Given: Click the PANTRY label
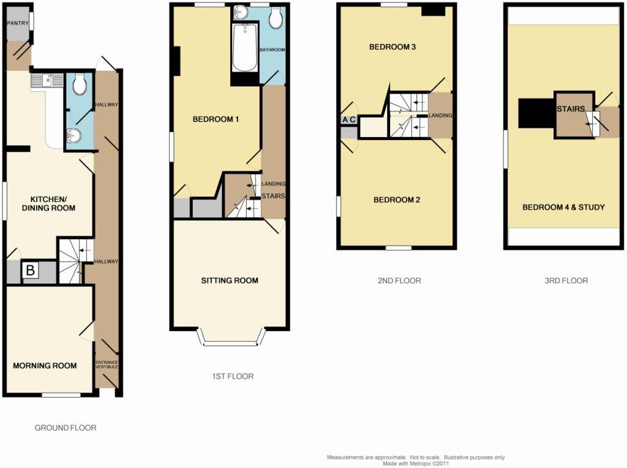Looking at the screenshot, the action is [x=18, y=23].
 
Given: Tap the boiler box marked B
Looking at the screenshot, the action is [x=30, y=270].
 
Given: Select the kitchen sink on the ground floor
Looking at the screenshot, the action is [x=47, y=81].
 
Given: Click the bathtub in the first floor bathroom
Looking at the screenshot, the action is [x=245, y=48].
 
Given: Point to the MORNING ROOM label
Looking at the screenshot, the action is [x=45, y=365].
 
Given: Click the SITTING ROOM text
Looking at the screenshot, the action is [x=230, y=281].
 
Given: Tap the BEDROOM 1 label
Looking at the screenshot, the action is [x=216, y=119].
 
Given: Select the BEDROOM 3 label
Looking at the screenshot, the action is [x=392, y=46].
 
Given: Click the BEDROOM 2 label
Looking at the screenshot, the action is [x=397, y=200].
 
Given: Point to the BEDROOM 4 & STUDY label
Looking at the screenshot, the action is [x=563, y=207].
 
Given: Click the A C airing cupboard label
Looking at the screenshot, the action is [x=348, y=119].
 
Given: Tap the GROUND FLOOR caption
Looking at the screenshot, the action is [x=66, y=428].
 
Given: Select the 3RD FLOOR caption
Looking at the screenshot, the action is [x=566, y=281].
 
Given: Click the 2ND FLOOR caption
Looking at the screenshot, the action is [x=399, y=281].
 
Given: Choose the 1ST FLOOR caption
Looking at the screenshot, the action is [x=233, y=376].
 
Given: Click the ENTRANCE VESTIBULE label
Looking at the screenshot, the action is [x=107, y=365].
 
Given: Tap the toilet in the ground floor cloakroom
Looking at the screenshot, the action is [x=80, y=84].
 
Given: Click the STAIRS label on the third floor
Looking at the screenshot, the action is [x=571, y=109].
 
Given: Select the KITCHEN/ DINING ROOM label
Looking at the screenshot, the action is [x=48, y=204].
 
